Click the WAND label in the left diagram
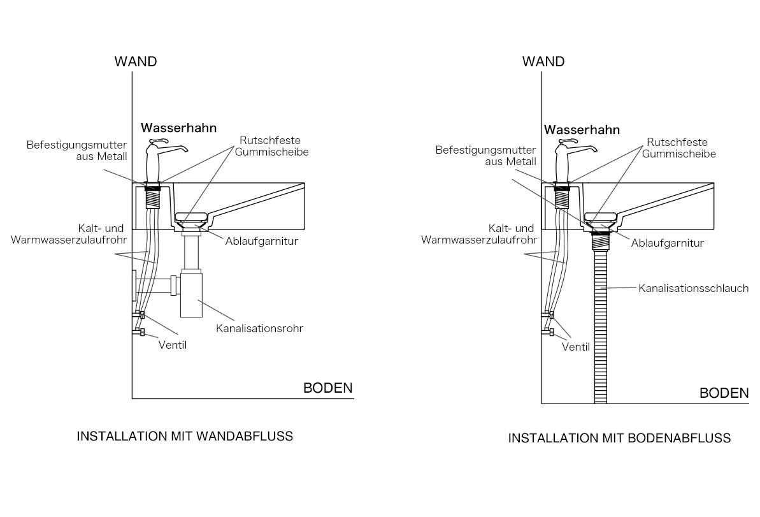[136, 62]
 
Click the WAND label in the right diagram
[543, 62]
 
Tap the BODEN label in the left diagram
[327, 388]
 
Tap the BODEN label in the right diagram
[724, 393]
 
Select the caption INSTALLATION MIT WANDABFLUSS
[185, 436]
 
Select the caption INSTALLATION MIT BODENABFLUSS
[619, 438]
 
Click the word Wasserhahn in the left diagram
[178, 128]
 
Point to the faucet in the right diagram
[572, 163]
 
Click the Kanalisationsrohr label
[260, 328]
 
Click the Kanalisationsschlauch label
[694, 288]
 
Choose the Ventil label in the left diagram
[173, 345]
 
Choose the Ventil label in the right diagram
[576, 347]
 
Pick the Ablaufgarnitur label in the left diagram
[262, 241]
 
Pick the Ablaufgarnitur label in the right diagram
[668, 243]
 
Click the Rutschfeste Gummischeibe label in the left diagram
[271, 146]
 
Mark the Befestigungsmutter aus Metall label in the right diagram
[485, 156]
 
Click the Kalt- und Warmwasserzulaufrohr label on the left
[69, 234]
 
